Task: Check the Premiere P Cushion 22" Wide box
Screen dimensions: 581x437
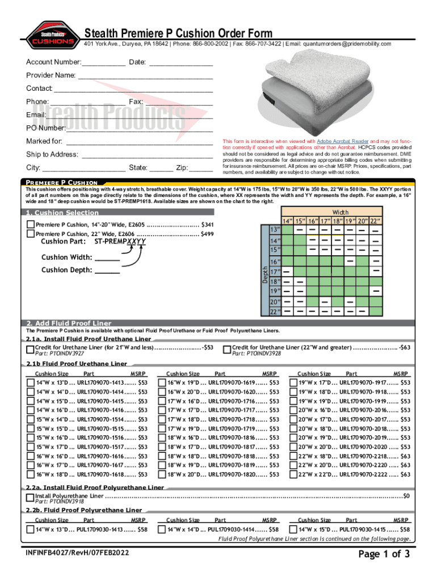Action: [31, 234]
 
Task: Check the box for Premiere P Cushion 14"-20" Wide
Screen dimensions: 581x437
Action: [31, 225]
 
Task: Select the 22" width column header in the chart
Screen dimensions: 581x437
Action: [376, 221]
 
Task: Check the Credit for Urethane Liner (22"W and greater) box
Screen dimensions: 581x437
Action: [228, 350]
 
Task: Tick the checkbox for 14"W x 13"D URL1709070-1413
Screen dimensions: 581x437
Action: [31, 383]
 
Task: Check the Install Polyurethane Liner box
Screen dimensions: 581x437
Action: [31, 498]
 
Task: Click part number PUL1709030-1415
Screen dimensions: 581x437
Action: [363, 529]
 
